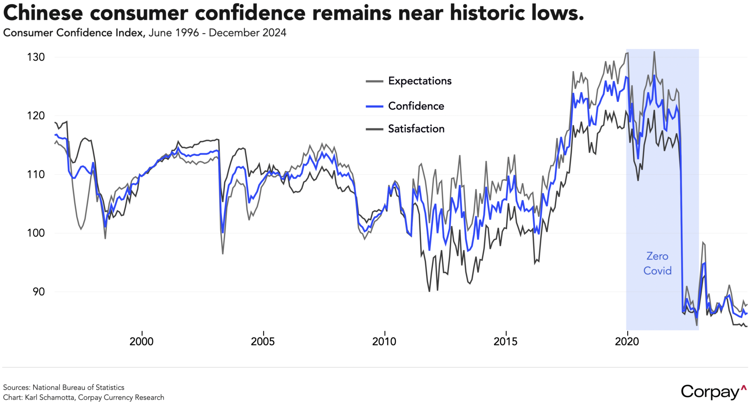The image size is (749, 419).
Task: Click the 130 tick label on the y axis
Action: [36, 57]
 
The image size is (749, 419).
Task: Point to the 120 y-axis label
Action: [36, 116]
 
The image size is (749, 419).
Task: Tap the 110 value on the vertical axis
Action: [36, 174]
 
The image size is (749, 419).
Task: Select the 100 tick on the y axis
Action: [36, 233]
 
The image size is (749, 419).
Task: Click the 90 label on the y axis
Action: [38, 292]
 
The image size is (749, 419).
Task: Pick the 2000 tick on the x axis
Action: [141, 341]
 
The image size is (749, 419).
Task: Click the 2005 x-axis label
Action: [263, 341]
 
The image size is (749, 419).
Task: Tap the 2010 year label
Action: [384, 341]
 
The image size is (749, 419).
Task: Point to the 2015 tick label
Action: [505, 341]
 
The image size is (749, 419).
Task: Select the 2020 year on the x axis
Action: [627, 341]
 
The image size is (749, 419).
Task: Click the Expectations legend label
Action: [420, 81]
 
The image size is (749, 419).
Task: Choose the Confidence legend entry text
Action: [416, 106]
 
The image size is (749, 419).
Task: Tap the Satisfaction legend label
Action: [416, 129]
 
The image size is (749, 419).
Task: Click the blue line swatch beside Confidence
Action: [374, 106]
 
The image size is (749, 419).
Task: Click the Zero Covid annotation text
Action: [657, 264]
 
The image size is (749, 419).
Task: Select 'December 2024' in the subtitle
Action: [247, 33]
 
